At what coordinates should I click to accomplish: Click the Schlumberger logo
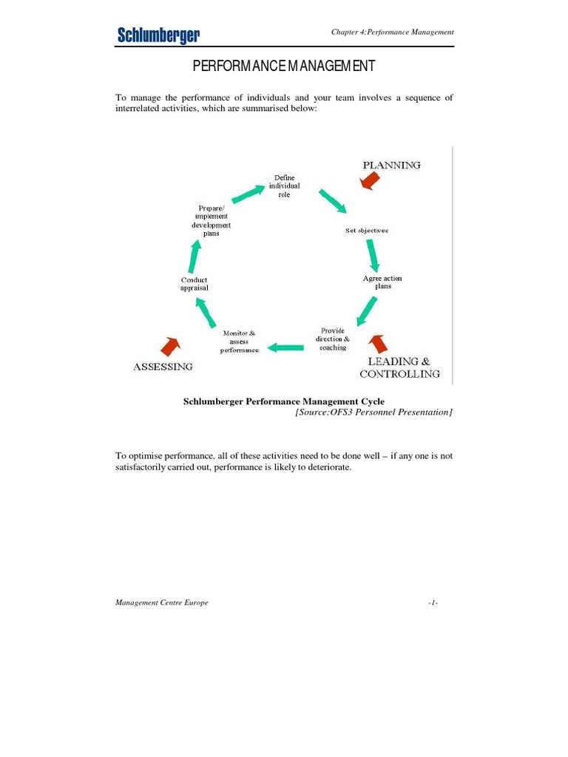(x=158, y=34)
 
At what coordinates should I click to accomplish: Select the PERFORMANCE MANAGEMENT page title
(x=284, y=67)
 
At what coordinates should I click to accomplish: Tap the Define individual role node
(x=284, y=186)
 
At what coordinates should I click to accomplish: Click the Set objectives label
(x=367, y=231)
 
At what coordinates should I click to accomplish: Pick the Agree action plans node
(x=382, y=282)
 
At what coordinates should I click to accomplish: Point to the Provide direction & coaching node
(x=333, y=339)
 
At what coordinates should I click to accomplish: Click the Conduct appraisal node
(x=195, y=284)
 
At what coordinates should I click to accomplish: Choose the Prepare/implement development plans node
(x=212, y=221)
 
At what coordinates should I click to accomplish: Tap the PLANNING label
(x=391, y=165)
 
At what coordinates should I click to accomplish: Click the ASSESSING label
(x=163, y=366)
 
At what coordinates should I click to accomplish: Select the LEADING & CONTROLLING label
(x=399, y=367)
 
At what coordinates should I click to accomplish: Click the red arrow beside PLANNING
(x=369, y=181)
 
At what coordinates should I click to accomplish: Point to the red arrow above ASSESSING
(x=172, y=345)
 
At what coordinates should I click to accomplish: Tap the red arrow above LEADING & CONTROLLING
(x=379, y=343)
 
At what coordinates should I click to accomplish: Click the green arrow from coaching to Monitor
(x=285, y=346)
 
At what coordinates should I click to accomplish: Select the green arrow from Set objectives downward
(x=373, y=255)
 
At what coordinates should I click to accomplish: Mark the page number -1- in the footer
(x=433, y=602)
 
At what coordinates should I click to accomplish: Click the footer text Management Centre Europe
(x=162, y=602)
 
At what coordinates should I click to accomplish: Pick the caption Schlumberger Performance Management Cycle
(x=284, y=401)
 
